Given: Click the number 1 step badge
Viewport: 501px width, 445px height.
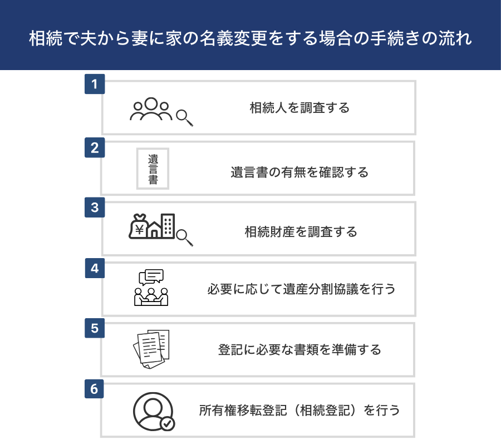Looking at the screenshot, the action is pyautogui.click(x=95, y=84).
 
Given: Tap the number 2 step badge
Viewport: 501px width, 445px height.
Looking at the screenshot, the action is pyautogui.click(x=95, y=147).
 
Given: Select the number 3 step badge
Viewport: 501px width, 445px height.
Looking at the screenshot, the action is pyautogui.click(x=95, y=207).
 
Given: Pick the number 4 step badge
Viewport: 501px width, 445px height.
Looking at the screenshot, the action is pyautogui.click(x=95, y=268).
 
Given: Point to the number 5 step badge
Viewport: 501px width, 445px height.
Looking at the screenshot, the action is pyautogui.click(x=95, y=328).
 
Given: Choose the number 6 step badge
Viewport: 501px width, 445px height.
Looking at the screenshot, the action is pyautogui.click(x=94, y=389).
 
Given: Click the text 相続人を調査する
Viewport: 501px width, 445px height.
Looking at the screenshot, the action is pyautogui.click(x=299, y=108).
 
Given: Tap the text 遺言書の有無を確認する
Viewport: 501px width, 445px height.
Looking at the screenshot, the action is pyautogui.click(x=299, y=172).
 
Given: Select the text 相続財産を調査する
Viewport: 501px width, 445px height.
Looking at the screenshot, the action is pyautogui.click(x=301, y=232).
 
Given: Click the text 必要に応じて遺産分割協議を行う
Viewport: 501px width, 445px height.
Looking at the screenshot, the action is pyautogui.click(x=301, y=289).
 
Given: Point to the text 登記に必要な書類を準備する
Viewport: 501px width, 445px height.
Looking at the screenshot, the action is pyautogui.click(x=299, y=350).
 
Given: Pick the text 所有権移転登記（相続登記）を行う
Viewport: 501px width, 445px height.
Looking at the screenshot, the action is pyautogui.click(x=299, y=411).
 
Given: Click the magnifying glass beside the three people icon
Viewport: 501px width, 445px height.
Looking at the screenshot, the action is pyautogui.click(x=184, y=118).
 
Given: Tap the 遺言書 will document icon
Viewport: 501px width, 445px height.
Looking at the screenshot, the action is pyautogui.click(x=153, y=169).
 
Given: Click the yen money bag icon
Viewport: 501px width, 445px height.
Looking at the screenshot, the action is pyautogui.click(x=139, y=226).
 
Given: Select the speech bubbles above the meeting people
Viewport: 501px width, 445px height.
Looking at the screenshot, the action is pyautogui.click(x=151, y=277).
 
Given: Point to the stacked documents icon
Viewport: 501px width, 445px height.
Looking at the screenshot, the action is pyautogui.click(x=151, y=349).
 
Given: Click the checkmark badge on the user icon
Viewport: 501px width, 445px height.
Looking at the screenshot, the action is pyautogui.click(x=167, y=424).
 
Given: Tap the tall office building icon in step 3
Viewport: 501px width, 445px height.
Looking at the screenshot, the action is pyautogui.click(x=168, y=226).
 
